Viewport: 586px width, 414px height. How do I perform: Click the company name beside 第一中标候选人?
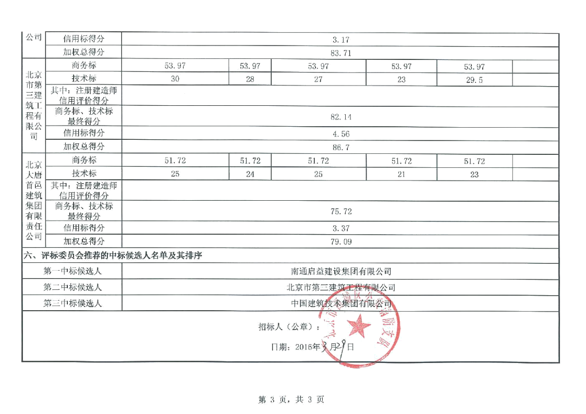coord(341,271)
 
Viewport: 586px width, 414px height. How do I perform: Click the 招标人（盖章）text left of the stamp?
coord(279,327)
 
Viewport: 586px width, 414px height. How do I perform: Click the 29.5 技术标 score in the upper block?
coord(474,80)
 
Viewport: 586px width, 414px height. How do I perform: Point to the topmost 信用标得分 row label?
coord(83,39)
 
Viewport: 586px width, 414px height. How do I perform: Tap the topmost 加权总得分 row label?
coord(83,52)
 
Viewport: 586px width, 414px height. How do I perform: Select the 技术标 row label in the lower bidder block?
coord(83,175)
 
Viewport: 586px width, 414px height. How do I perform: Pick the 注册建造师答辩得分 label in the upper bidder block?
coord(83,95)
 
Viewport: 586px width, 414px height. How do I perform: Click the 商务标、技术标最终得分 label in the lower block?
coord(83,211)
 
